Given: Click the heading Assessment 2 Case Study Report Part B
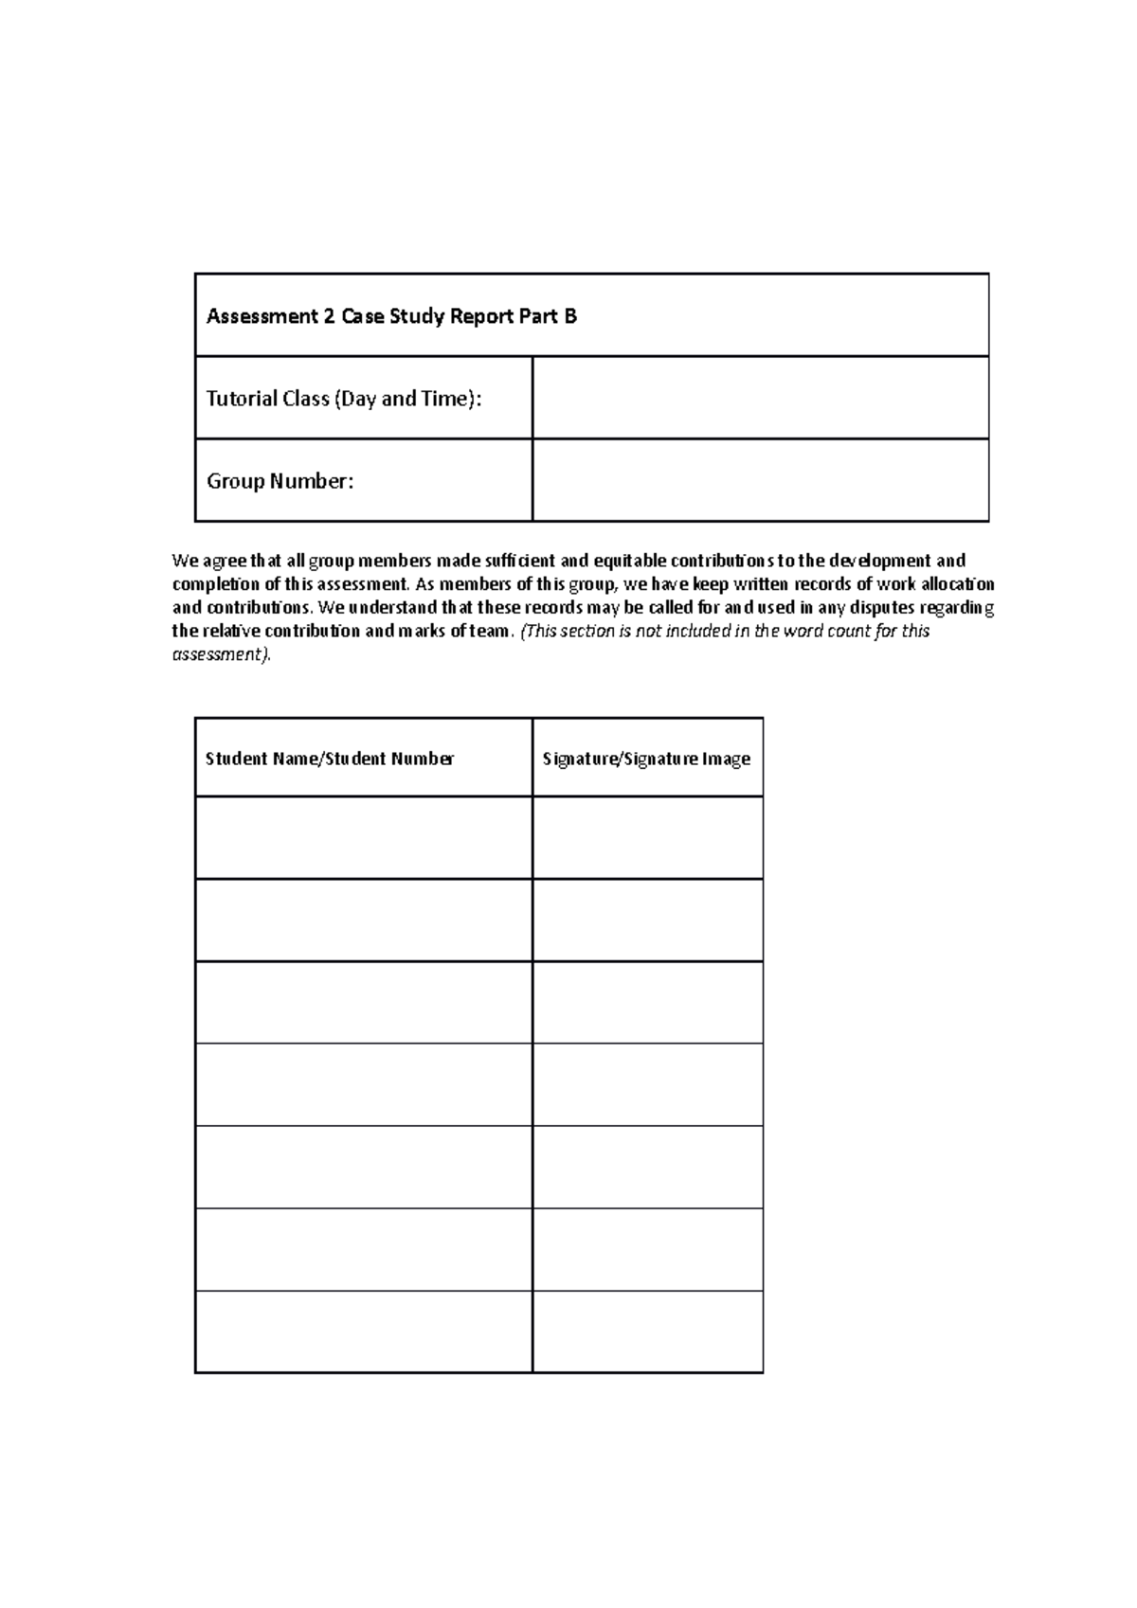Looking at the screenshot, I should point(391,316).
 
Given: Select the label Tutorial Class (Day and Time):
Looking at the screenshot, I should point(344,399).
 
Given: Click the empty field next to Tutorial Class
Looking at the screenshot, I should point(760,398).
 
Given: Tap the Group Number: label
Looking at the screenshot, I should point(280,481).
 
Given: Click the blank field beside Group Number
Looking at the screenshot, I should point(760,480).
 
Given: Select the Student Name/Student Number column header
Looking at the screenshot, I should point(330,759).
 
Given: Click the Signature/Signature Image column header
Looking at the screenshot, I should point(646,759).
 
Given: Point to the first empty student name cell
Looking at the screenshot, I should point(364,837).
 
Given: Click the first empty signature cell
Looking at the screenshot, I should point(647,837).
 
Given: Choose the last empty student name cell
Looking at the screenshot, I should point(364,1331).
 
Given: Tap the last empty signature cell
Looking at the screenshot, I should point(647,1331).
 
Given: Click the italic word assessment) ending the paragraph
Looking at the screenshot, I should point(221,654).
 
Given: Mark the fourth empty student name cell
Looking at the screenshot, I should point(364,1084).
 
